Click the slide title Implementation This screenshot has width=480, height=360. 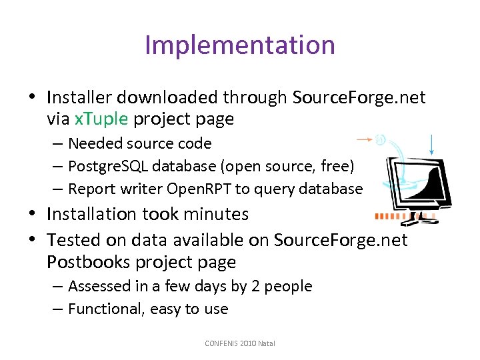[x=239, y=45]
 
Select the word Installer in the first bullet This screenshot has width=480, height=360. [x=78, y=97]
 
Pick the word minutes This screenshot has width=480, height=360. [x=217, y=214]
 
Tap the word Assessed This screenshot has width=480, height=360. [x=100, y=286]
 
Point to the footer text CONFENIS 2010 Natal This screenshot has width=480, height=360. [x=240, y=343]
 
